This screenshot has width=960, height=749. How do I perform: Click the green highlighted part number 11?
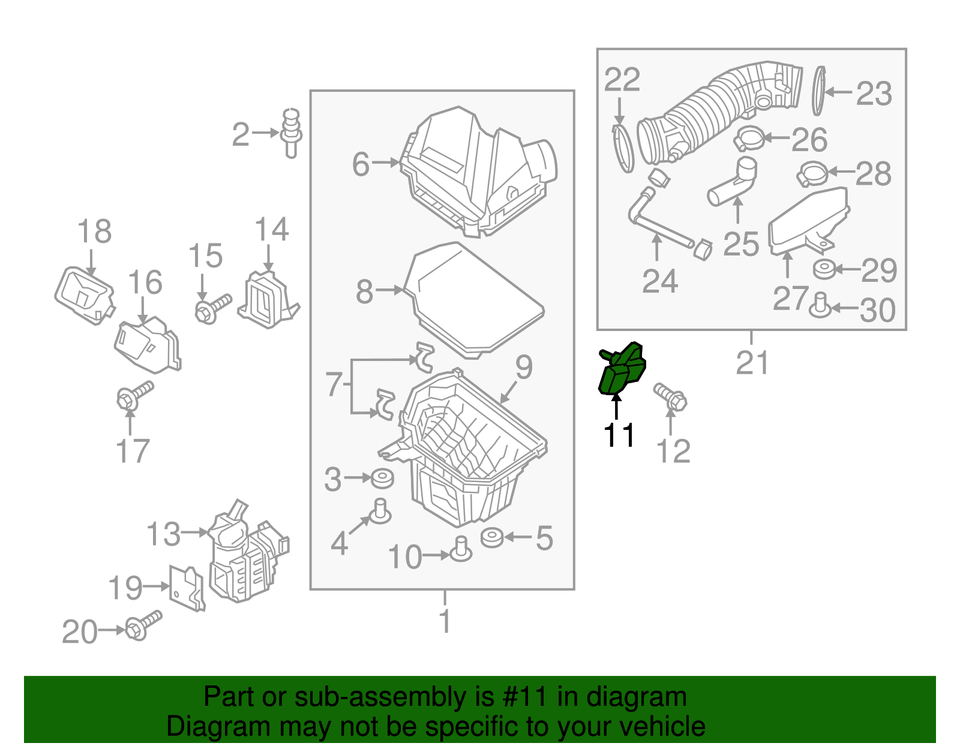coord(622,369)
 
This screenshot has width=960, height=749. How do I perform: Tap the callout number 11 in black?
coord(619,435)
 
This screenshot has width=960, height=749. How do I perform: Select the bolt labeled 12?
coord(670,396)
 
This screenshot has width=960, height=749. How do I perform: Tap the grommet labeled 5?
coord(492,537)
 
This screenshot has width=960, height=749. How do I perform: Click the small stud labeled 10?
coord(461,549)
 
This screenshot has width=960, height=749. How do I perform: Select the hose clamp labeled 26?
coord(749,140)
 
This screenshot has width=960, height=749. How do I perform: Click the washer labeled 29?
coord(825,269)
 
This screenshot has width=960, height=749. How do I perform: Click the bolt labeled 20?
coord(143,625)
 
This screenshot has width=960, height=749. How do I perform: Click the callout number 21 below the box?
coord(752,363)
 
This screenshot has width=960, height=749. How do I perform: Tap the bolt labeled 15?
coord(212,308)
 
